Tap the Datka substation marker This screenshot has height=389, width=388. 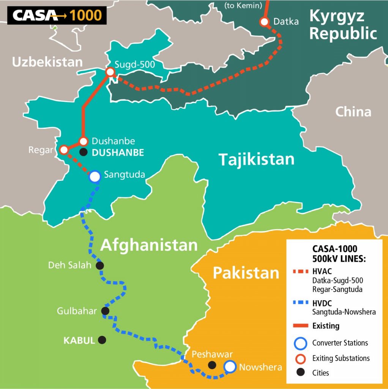click(264, 22)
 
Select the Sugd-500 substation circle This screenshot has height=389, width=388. click(110, 72)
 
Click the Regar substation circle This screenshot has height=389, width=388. click(64, 150)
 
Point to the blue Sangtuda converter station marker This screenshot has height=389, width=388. click(95, 176)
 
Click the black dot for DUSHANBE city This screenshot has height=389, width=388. click(84, 152)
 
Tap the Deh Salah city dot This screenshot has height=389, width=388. click(100, 265)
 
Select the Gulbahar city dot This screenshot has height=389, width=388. click(106, 311)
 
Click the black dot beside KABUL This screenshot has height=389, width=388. click(102, 340)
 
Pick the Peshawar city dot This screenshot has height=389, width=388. click(212, 365)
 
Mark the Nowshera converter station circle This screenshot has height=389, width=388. click(230, 367)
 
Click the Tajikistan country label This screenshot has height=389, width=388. click(256, 159)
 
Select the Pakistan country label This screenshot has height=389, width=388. click(246, 273)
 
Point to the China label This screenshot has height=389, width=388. click(353, 111)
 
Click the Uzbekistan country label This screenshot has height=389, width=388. click(47, 62)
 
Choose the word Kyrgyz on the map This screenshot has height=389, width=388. click(337, 16)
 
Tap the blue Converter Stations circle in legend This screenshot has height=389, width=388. click(300, 343)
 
